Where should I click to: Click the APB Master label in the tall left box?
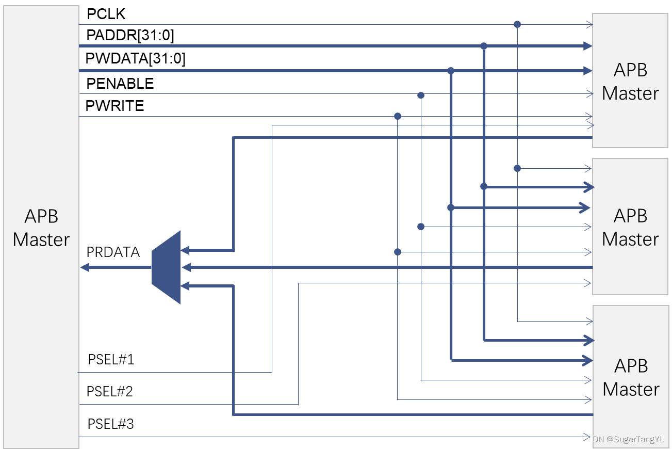41,228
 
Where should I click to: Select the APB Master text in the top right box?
630,82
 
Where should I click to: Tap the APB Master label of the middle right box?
630,228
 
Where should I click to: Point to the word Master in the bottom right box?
631,389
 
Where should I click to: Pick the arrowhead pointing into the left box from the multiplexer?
85,267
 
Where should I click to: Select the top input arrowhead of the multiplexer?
185,250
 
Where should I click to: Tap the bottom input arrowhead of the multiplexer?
185,285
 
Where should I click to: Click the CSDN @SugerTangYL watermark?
622,439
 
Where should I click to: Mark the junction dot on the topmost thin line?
517,24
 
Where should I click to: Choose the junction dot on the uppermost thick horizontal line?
484,46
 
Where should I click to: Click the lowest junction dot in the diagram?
398,252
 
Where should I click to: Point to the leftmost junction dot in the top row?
398,116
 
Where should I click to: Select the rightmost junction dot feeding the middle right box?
517,168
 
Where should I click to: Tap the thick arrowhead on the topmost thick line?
587,46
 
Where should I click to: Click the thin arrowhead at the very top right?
589,24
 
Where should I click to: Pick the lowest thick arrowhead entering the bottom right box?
587,360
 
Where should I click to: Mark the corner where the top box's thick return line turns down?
234,137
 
